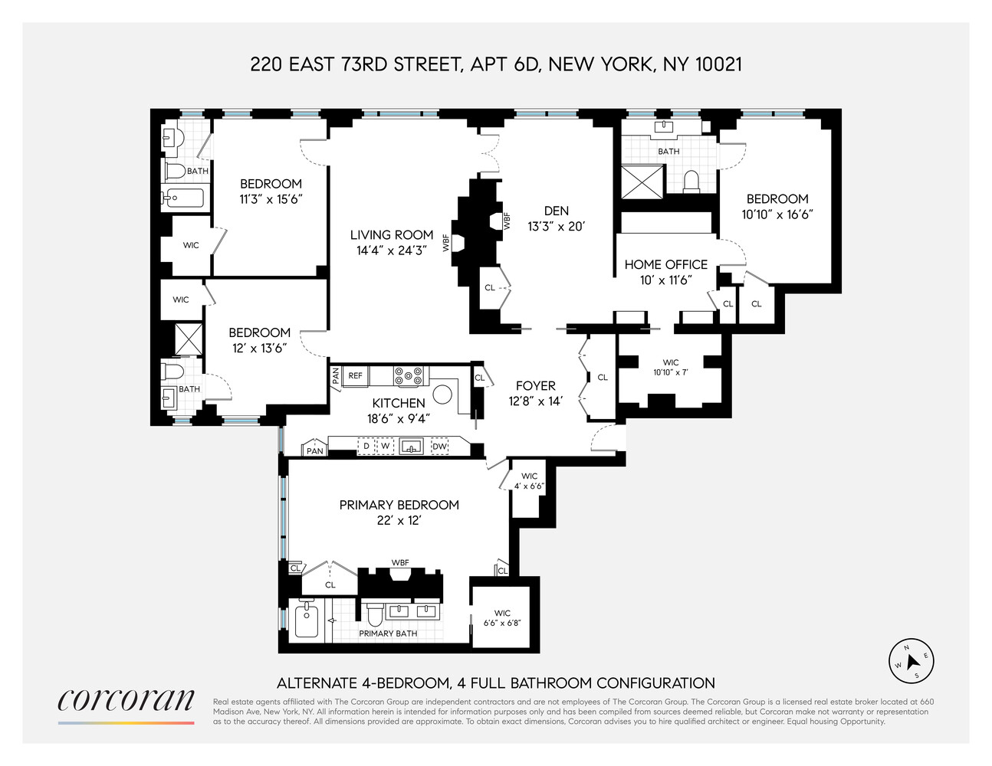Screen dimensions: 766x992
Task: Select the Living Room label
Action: click(x=392, y=235)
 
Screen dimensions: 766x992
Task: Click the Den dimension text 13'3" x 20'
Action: click(x=557, y=227)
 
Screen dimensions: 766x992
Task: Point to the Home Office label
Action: click(x=665, y=264)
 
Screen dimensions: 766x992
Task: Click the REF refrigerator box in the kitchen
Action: click(x=356, y=376)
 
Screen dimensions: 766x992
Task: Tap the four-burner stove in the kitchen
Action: click(x=409, y=376)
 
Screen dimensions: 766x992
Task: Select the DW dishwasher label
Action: click(x=439, y=447)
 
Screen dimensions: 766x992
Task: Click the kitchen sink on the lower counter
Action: click(x=412, y=447)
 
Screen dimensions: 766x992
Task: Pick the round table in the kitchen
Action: click(x=442, y=394)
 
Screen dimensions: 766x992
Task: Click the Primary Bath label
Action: click(x=388, y=633)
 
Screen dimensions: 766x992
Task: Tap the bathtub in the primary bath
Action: click(x=306, y=620)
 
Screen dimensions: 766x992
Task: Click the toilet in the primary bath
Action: click(x=375, y=614)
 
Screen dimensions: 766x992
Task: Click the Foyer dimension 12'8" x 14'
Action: click(x=535, y=401)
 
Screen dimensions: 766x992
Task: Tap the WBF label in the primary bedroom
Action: click(x=400, y=563)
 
